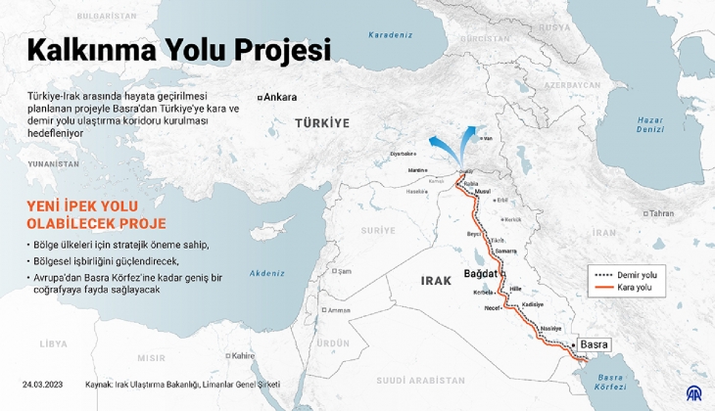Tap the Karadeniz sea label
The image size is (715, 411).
click(390, 35)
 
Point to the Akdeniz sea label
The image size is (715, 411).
click(266, 273)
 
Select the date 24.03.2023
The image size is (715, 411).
click(43, 385)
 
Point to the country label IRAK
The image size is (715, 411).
click(437, 281)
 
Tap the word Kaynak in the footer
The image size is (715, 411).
click(100, 385)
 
